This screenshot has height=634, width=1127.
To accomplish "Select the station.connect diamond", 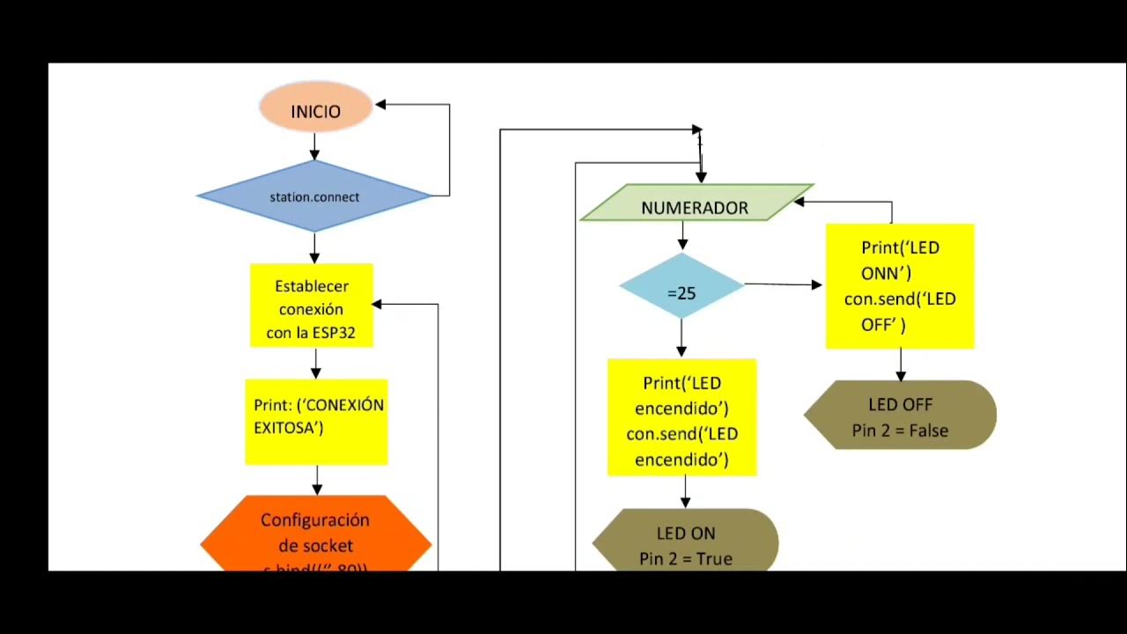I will [314, 196].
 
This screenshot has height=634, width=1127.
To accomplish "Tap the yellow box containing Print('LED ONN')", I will [899, 286].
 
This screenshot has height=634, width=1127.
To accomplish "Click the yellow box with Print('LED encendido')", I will [681, 417].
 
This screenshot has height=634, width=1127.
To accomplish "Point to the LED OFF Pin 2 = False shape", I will [900, 416].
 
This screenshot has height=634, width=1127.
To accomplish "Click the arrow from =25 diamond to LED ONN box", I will [782, 284].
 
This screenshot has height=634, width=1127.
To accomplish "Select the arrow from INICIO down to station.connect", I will [315, 146].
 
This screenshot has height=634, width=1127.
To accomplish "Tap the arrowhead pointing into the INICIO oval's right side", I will [381, 105].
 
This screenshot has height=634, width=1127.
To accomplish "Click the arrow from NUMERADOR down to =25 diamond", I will [682, 236].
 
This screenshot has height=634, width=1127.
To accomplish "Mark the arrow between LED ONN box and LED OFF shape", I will [900, 365].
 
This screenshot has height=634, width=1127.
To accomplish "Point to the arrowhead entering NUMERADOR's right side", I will [799, 202].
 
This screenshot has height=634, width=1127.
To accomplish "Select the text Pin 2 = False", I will [899, 431].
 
